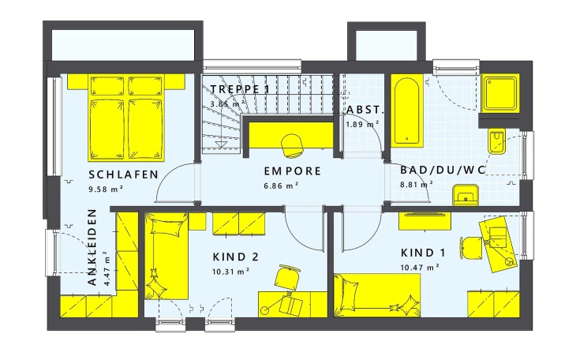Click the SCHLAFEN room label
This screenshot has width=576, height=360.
pos(123,174)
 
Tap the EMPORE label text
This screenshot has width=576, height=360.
pos(293,171)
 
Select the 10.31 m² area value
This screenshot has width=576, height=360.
pos(230,272)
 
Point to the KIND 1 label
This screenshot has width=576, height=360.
pos(423,253)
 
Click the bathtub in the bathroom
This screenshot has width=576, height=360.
pos(406,111)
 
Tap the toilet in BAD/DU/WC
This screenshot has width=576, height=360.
pos(496,141)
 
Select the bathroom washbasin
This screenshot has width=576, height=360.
pos(466,195)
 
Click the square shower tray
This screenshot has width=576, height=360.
pos(500,93)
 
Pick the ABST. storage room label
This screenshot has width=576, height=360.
pos(365,110)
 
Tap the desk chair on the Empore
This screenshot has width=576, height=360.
pos(292,145)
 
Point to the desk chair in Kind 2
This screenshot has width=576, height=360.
pos(287,277)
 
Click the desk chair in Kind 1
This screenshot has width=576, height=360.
pos(470,248)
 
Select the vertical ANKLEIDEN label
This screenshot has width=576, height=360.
pos(92,247)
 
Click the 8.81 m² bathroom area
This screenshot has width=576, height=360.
pos(416,184)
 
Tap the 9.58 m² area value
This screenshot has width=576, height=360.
pos(106,189)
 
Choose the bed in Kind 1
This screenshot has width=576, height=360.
pos(377,295)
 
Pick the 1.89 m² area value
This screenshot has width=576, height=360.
pos(362,124)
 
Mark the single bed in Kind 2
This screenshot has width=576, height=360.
pos(166,256)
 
